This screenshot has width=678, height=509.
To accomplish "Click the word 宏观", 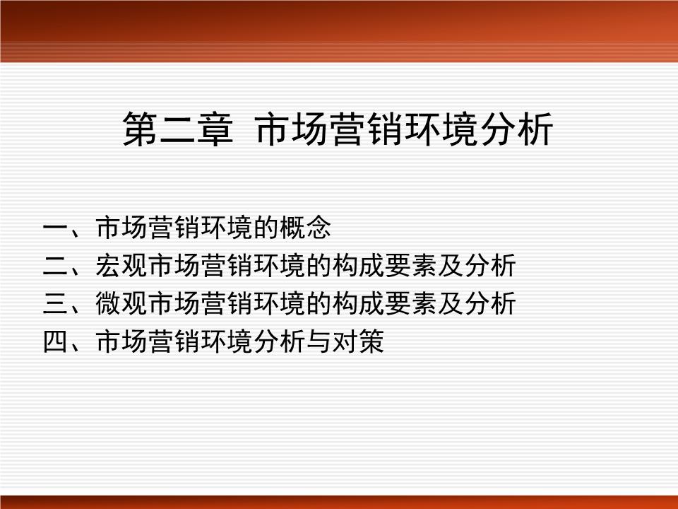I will point(120,267).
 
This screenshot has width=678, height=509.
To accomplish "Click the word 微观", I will point(120,305).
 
